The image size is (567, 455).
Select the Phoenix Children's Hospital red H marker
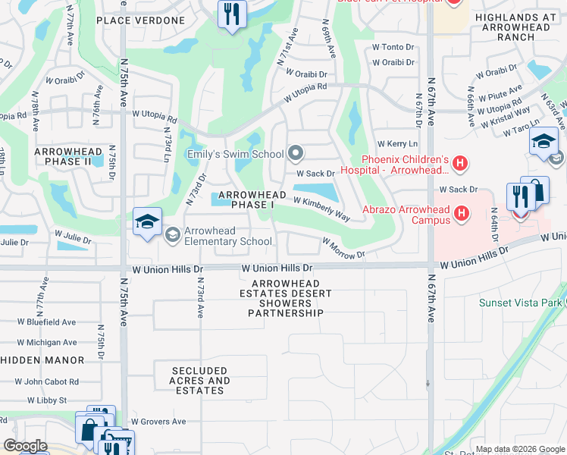pos(460,162)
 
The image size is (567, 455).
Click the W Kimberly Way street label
pos(321,210)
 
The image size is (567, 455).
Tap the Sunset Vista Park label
pos(519,303)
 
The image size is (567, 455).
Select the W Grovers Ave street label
pos(158,422)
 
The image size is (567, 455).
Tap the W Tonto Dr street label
pos(393,47)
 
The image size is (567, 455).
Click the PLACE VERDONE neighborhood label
pos(140,20)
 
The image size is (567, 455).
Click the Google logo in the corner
pos(25,446)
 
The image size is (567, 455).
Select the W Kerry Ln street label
pos(397,143)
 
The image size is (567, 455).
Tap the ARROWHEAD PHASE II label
pos(63,157)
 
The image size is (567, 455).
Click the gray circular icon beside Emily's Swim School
pos(296,155)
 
